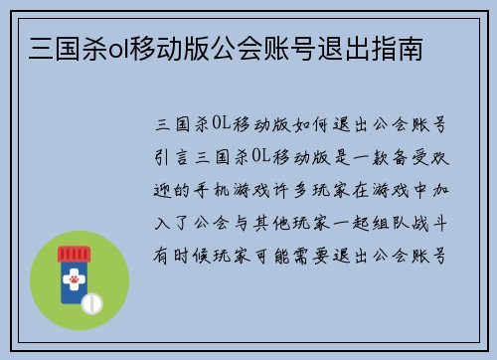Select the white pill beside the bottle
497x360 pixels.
(92, 302)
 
